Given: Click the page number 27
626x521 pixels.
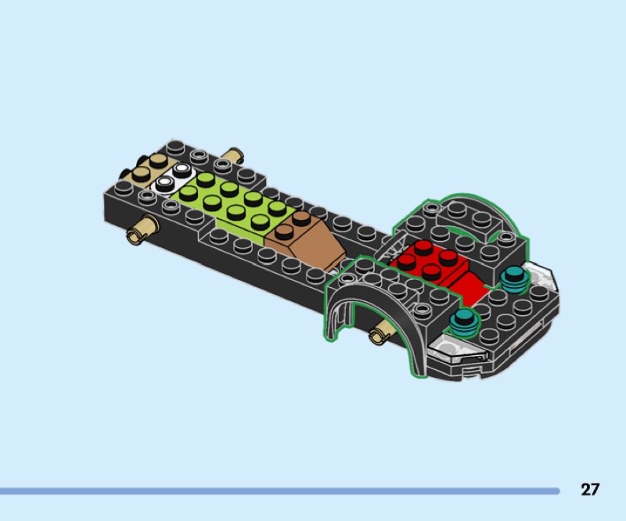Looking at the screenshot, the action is (590, 489).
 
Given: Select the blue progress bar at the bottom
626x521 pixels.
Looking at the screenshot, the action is (279, 491).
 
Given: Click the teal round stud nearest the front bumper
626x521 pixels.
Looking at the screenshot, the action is (464, 322).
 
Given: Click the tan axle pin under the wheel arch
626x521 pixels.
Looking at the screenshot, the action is (380, 333).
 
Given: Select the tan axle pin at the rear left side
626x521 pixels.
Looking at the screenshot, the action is (142, 229).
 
